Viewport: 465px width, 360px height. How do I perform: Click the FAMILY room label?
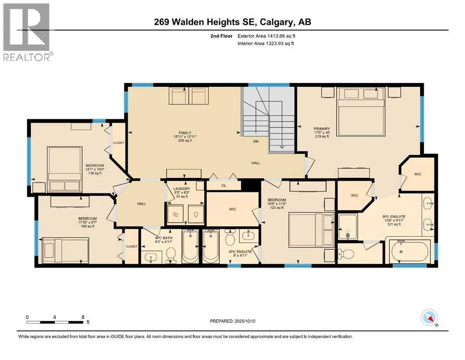point(185,133)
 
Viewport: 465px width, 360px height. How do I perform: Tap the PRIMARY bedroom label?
point(322,129)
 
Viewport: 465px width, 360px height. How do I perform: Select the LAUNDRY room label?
point(182,189)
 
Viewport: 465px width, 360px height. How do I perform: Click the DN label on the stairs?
point(256,141)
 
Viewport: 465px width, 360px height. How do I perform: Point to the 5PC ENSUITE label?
point(394,217)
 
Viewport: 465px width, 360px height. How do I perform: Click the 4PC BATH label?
point(164,238)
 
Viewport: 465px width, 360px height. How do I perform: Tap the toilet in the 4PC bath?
point(170,255)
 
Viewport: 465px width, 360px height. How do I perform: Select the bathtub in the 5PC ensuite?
point(410,251)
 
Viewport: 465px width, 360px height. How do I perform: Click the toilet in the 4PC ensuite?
point(230,237)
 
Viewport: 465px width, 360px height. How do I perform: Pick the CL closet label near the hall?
point(224,186)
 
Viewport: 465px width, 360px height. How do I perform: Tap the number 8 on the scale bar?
point(83,317)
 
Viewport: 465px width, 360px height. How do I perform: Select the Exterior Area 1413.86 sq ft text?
point(266,36)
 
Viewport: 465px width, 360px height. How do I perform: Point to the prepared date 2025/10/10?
point(244,321)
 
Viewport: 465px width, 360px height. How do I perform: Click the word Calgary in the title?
point(277,22)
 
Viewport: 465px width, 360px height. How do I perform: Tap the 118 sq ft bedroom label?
point(95,173)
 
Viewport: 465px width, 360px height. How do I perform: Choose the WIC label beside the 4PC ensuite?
point(232,209)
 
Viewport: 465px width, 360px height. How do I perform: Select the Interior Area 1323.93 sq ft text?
point(266,43)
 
